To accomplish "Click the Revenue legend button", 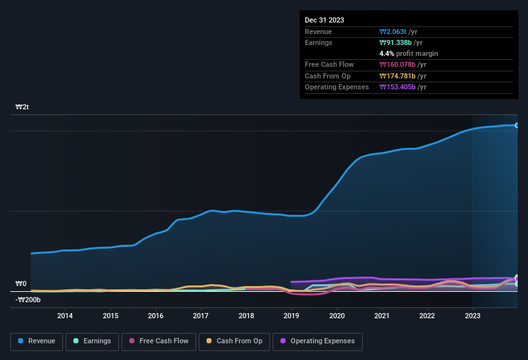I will [x=37, y=341].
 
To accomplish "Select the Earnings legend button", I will [x=91, y=341].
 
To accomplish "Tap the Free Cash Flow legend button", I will [x=159, y=341].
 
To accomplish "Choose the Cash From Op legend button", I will [x=234, y=341].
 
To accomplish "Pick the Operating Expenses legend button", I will [x=318, y=341].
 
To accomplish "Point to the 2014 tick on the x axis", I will [x=64, y=316].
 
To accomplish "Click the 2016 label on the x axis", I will [x=155, y=316].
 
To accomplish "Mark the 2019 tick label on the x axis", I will [x=291, y=316].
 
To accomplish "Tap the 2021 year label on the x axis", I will [x=382, y=316].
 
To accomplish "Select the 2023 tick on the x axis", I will [x=473, y=316].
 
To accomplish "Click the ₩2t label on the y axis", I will [x=22, y=107].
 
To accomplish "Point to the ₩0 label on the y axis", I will [x=21, y=283].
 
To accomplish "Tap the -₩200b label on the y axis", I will [x=28, y=300].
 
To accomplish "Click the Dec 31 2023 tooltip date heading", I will [x=324, y=20].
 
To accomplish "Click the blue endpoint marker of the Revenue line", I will [x=517, y=125].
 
